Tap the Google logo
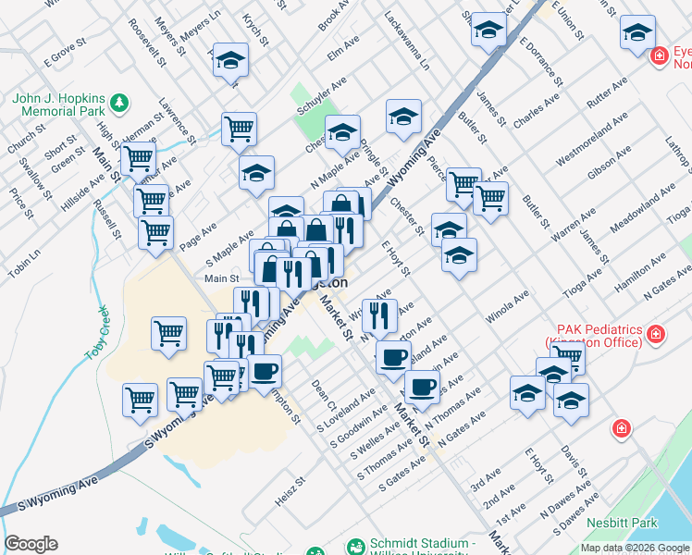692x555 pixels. click(x=31, y=544)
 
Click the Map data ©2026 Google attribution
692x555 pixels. click(x=634, y=548)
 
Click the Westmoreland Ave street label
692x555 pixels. click(x=591, y=139)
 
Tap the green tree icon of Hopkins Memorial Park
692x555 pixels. click(x=117, y=100)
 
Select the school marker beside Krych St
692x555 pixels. click(x=230, y=62)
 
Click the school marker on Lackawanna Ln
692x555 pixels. click(x=403, y=117)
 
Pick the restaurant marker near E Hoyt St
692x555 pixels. click(x=379, y=314)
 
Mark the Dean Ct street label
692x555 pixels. click(x=320, y=393)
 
